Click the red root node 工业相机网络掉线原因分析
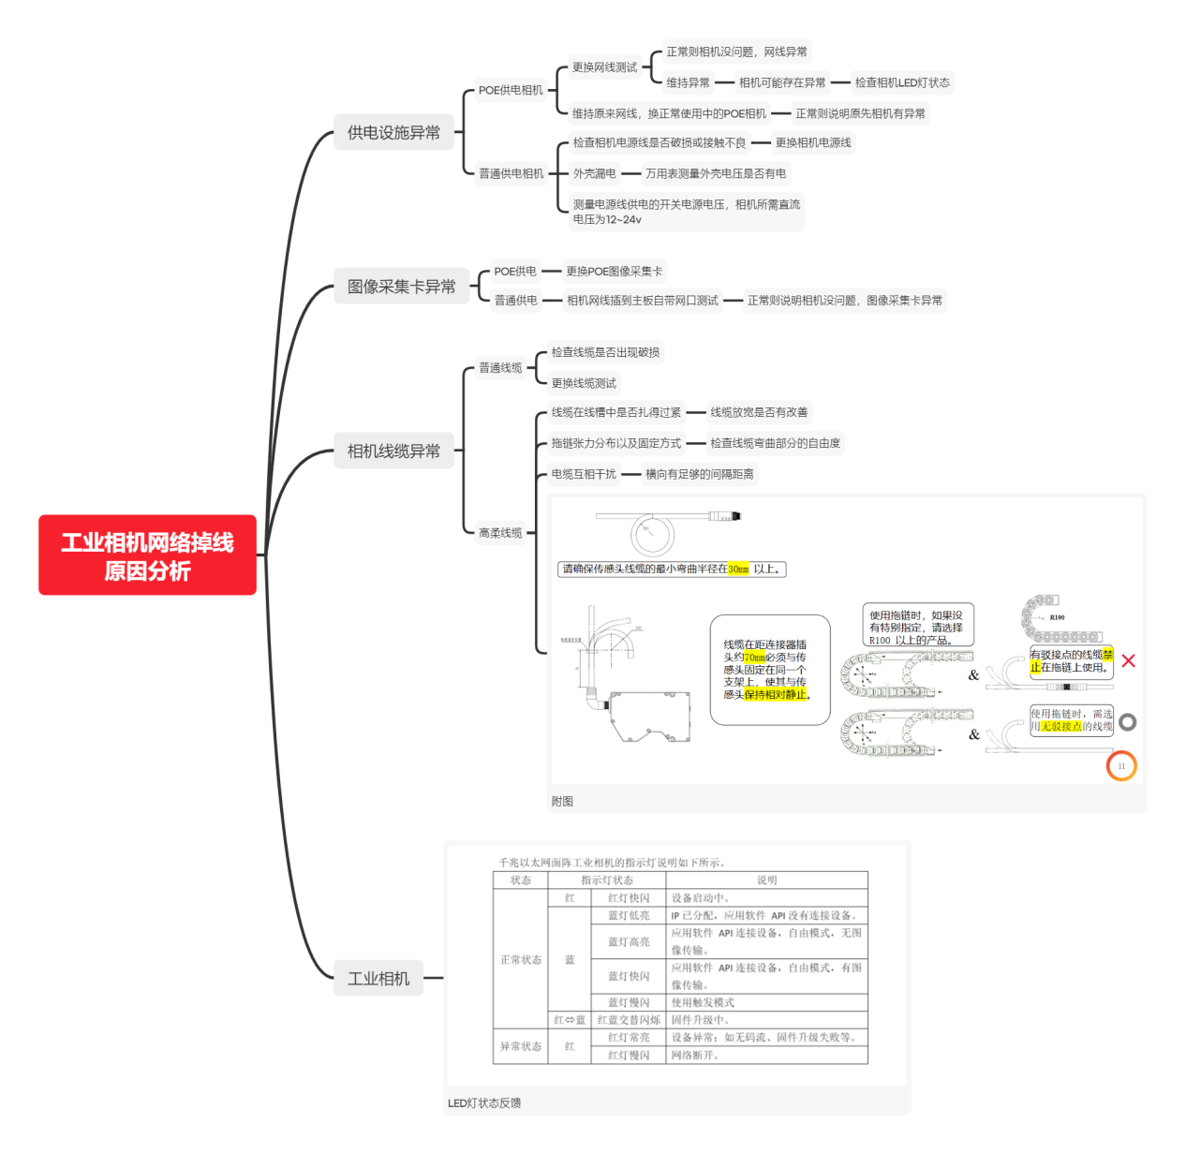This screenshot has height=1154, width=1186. click(x=147, y=555)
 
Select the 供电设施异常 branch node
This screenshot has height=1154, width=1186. click(x=393, y=133)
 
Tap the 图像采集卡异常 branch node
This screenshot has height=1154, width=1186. click(x=401, y=287)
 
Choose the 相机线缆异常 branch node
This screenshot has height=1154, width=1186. click(x=393, y=451)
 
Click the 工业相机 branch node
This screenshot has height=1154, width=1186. click(x=378, y=979)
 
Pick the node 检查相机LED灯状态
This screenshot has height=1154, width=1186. click(x=901, y=83)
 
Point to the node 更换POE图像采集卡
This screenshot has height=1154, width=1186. click(x=614, y=272)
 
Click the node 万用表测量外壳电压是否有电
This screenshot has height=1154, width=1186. click(x=716, y=174)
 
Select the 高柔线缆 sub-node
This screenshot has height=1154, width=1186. click(x=500, y=533)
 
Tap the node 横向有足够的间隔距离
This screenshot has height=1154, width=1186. click(x=699, y=475)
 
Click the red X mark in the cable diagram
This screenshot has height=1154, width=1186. click(x=1128, y=661)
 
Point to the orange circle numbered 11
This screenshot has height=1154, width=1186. click(x=1121, y=766)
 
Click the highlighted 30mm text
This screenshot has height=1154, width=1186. click(x=738, y=570)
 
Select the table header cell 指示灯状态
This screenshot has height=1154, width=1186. click(x=606, y=880)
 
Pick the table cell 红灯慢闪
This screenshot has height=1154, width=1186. click(x=628, y=1056)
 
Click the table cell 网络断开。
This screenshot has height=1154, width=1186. click(x=695, y=1056)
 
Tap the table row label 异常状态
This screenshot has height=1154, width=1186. click(x=520, y=1046)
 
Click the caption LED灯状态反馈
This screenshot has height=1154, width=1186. click(x=484, y=1103)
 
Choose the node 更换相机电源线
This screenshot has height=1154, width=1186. click(x=813, y=143)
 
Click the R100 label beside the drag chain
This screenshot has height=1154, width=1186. click(x=1057, y=618)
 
